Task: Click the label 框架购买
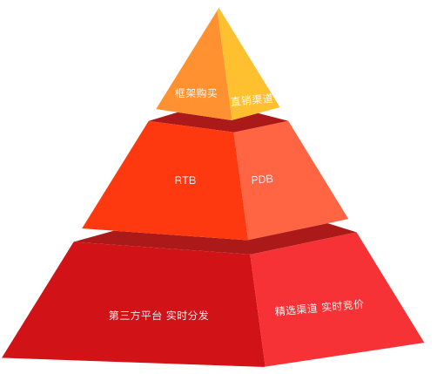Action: [x=196, y=93]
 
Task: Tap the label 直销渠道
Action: [x=252, y=99]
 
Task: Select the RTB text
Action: [x=185, y=180]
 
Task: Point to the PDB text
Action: [x=262, y=180]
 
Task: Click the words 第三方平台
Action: [x=135, y=316]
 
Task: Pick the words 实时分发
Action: [x=187, y=316]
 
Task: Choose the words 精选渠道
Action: [x=296, y=309]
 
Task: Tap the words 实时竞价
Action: [x=343, y=306]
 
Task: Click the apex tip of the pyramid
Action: [x=218, y=9]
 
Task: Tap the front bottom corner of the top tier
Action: [x=232, y=119]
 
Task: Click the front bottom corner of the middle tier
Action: [x=247, y=240]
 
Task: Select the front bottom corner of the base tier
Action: [x=265, y=366]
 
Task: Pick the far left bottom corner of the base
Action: [x=3, y=357]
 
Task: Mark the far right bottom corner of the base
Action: [x=424, y=343]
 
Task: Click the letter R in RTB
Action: [x=178, y=180]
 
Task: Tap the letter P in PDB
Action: [x=254, y=180]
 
